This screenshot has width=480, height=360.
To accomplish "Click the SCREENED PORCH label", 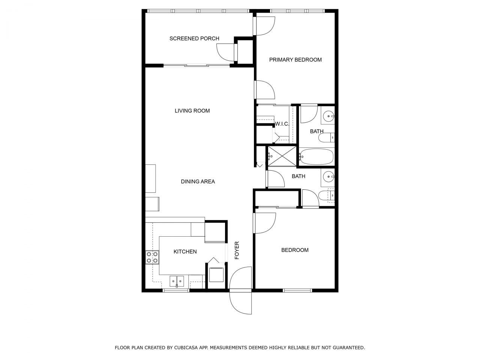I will [194, 38].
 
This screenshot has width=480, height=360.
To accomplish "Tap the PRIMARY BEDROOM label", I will [295, 60].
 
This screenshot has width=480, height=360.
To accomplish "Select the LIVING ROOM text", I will [192, 111].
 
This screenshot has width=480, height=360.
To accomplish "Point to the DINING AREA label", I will [198, 181].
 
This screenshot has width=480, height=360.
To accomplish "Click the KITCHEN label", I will [185, 252].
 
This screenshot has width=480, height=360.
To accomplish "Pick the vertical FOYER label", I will [237, 250].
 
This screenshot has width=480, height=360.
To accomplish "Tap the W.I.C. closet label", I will [282, 124].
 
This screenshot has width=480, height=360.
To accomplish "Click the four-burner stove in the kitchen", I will [152, 257].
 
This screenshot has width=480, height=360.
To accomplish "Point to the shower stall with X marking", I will [281, 156].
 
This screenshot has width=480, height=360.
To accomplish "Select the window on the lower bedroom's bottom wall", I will [297, 290].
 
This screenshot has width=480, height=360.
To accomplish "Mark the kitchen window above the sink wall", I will [176, 290].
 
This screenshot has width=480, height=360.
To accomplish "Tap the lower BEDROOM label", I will [295, 250].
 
